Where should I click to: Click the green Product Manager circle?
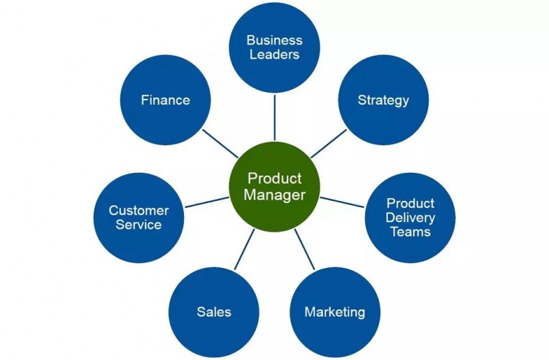(274, 187)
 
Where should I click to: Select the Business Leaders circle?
(274, 47)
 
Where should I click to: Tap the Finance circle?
(165, 99)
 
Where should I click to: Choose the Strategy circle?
(384, 99)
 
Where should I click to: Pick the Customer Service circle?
(139, 217)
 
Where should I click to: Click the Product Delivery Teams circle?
(410, 217)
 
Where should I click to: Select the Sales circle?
(214, 312)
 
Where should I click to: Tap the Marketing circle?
(335, 312)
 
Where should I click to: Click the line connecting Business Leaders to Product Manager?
(274, 117)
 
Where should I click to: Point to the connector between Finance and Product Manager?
(220, 143)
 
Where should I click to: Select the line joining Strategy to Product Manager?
(329, 144)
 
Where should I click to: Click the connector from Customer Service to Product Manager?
(207, 202)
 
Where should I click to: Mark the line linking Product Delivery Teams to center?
(342, 202)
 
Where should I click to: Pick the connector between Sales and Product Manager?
(244, 250)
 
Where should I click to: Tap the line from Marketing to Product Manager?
(305, 250)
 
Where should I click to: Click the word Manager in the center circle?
(274, 195)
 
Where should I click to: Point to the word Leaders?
(274, 55)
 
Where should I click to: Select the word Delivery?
(410, 217)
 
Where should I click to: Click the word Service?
(139, 225)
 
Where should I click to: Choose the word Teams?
(410, 232)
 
